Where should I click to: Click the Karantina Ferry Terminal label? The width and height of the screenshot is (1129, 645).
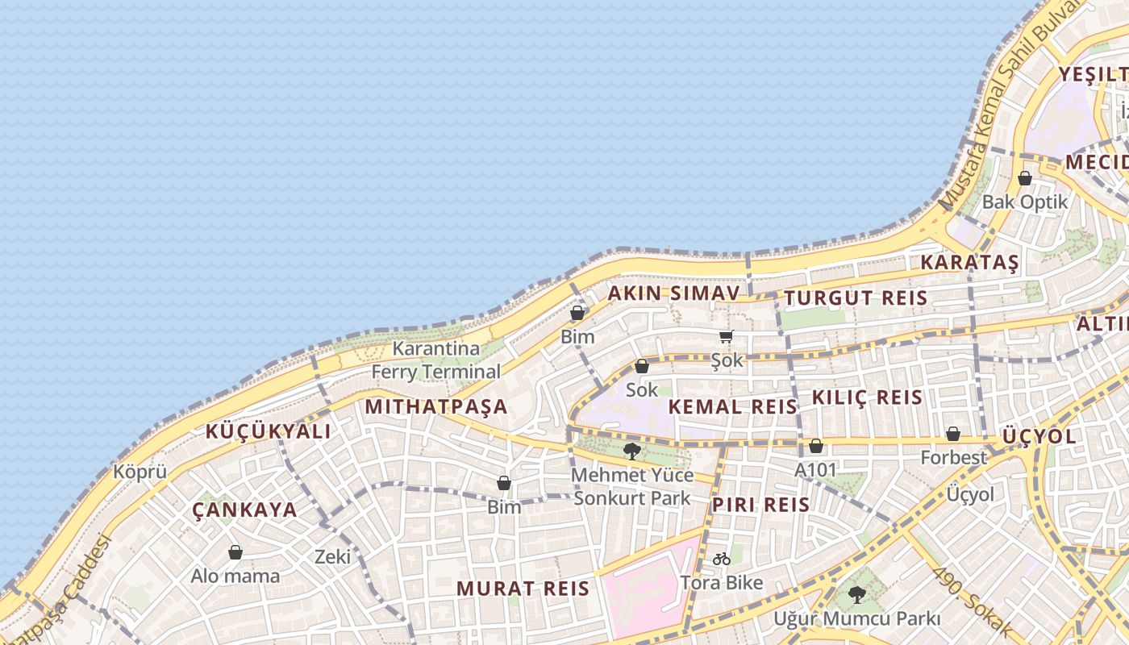click(435, 360)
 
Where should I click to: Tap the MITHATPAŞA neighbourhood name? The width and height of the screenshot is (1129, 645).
click(436, 406)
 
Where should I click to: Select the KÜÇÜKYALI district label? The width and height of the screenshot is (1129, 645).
click(268, 431)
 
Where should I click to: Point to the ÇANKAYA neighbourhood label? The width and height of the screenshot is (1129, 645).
click(245, 510)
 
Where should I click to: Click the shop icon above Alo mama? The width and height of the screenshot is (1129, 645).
click(235, 552)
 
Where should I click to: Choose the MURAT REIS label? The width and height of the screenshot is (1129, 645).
click(523, 589)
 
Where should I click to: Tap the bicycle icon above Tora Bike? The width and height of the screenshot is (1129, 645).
click(722, 559)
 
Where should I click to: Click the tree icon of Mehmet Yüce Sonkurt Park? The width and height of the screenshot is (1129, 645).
click(632, 451)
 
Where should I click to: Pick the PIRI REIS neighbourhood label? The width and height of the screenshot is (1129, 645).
click(760, 505)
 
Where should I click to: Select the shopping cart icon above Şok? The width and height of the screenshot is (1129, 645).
click(727, 337)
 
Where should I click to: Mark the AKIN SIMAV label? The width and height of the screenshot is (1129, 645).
click(673, 293)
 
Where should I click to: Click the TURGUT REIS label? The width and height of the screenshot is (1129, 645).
click(856, 298)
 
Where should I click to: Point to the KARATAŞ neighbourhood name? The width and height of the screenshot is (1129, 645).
click(970, 262)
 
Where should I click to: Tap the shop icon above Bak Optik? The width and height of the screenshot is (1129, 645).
click(1025, 178)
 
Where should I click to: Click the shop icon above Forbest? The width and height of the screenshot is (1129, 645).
click(953, 434)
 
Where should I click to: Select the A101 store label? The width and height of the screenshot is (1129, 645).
click(816, 469)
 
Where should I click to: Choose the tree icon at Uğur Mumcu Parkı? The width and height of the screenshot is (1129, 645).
click(856, 595)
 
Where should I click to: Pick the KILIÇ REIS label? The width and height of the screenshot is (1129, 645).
click(867, 397)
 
